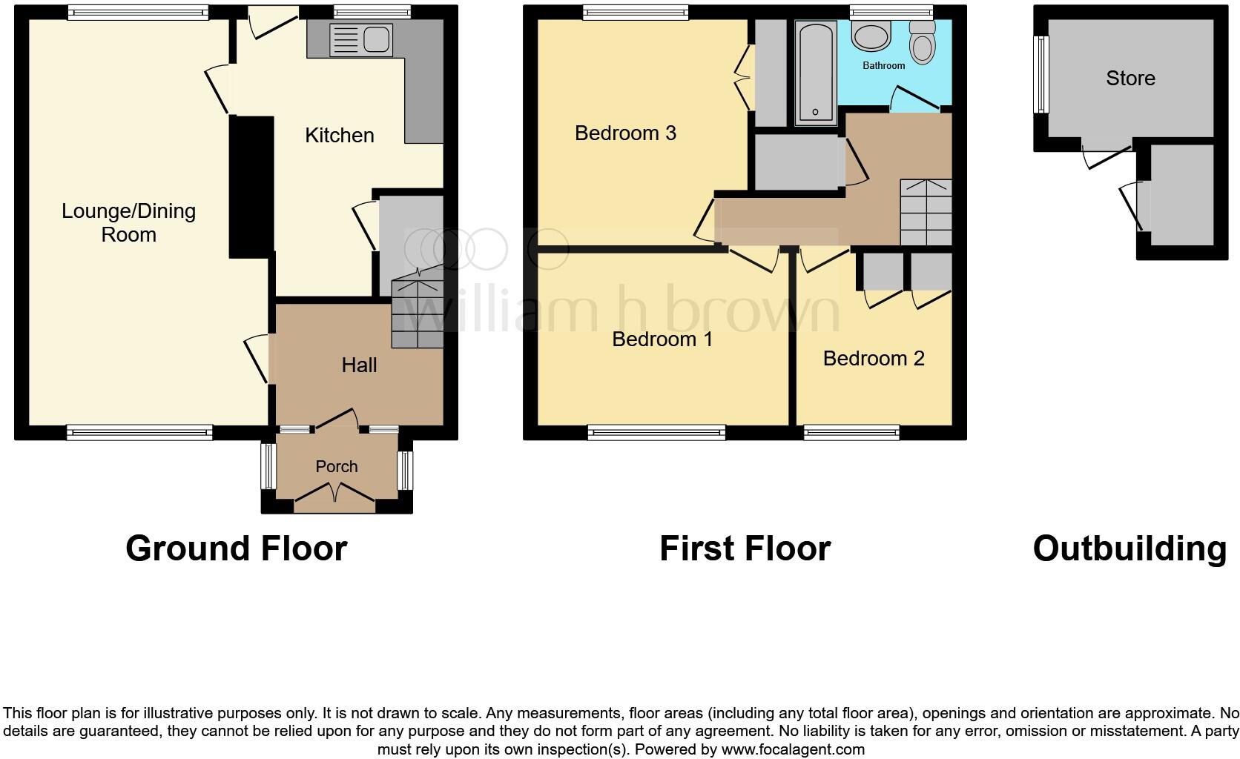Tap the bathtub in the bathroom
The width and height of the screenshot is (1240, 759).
pos(815,73)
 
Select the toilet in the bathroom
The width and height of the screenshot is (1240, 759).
pos(922,42)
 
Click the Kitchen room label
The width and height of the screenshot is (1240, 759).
pos(340,136)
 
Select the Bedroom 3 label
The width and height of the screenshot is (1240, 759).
pos(625,133)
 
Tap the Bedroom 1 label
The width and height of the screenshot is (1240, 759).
pos(662,339)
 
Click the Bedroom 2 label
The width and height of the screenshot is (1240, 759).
pos(874,359)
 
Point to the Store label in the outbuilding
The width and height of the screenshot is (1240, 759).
pos(1130,79)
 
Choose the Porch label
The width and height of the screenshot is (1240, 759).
pos(337,467)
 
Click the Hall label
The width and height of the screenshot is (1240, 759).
pos(359,365)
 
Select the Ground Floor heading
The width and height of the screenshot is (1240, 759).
pos(236,549)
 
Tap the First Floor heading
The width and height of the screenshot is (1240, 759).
pos(745,549)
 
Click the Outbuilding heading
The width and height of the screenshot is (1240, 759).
pos(1129,549)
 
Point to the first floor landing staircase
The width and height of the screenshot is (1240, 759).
pos(926,212)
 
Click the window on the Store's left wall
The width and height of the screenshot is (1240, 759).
pos(1042,74)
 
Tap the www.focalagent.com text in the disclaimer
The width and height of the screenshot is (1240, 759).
pos(793,749)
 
